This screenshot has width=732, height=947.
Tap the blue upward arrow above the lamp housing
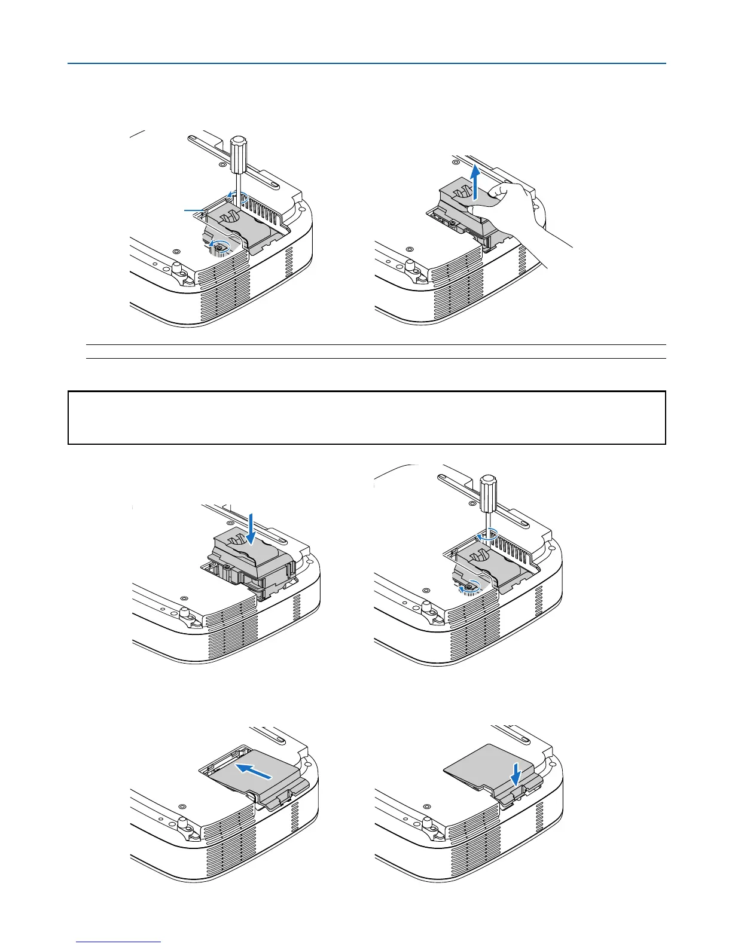475,183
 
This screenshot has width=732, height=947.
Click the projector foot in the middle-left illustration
184,615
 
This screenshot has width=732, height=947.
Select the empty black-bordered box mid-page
367,417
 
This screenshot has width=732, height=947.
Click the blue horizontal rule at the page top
367,63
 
